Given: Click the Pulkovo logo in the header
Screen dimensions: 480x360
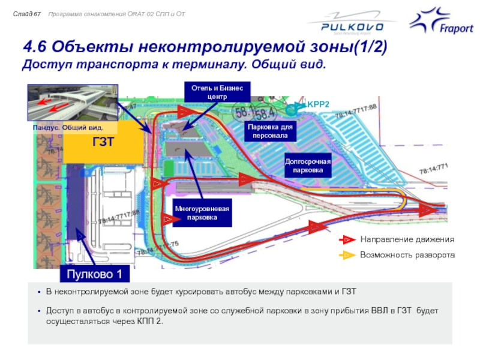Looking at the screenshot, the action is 344,25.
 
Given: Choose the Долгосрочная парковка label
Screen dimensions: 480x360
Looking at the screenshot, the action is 308,166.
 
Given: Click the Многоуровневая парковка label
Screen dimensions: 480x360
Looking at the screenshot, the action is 202,214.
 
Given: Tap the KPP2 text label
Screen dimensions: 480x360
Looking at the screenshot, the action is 319,104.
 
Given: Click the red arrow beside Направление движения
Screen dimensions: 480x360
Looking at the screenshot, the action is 348,239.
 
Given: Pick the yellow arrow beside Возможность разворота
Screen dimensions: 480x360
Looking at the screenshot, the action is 348,255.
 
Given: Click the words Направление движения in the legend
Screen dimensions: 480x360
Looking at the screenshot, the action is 407,239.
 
